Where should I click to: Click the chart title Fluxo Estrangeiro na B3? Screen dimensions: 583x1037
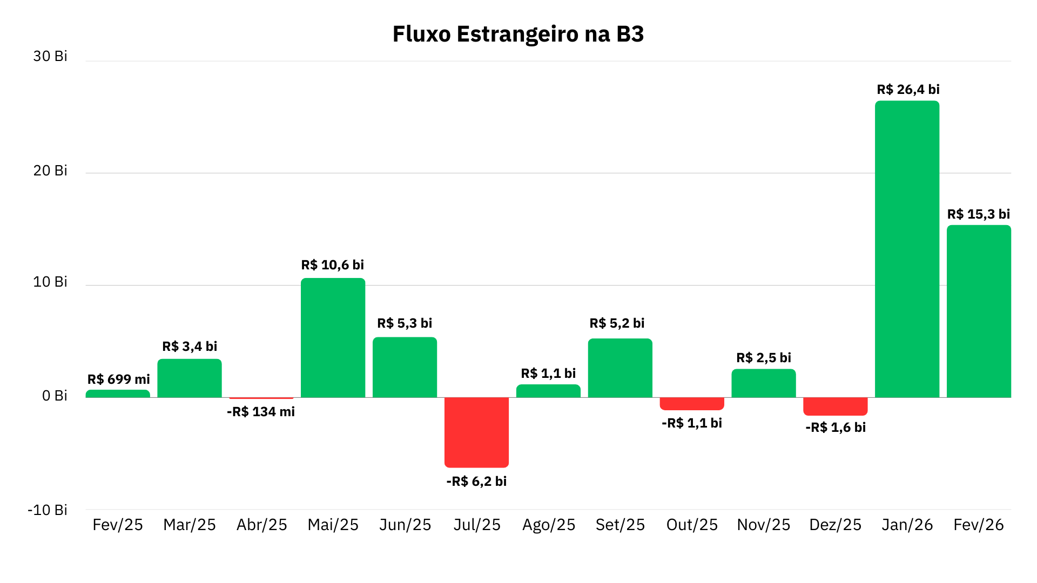[518, 34]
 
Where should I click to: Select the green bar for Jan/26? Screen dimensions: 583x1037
[907, 248]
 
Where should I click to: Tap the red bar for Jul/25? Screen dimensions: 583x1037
[476, 432]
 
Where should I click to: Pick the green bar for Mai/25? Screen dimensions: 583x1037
[333, 337]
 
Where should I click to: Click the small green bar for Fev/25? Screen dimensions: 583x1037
[118, 394]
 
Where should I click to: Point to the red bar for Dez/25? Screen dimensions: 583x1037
[835, 406]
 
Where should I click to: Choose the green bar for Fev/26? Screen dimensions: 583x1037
[979, 311]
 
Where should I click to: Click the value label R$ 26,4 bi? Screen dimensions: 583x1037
[908, 90]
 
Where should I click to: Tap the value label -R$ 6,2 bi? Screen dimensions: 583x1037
[476, 481]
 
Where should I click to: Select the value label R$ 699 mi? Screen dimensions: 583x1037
[118, 379]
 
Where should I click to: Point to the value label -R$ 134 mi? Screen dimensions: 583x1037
[261, 412]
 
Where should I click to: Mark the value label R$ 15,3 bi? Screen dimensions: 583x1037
[978, 214]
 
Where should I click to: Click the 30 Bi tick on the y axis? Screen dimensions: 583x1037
[50, 56]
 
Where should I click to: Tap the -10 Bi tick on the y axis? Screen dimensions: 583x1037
[48, 510]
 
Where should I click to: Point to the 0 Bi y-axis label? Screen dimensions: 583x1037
[55, 396]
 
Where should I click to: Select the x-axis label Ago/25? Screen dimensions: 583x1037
[548, 525]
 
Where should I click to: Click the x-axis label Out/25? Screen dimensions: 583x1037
[692, 525]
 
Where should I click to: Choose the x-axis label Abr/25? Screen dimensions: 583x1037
[261, 525]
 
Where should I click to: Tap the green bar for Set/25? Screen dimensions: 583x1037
[620, 368]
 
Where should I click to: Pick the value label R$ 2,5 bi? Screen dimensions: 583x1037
[763, 358]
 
